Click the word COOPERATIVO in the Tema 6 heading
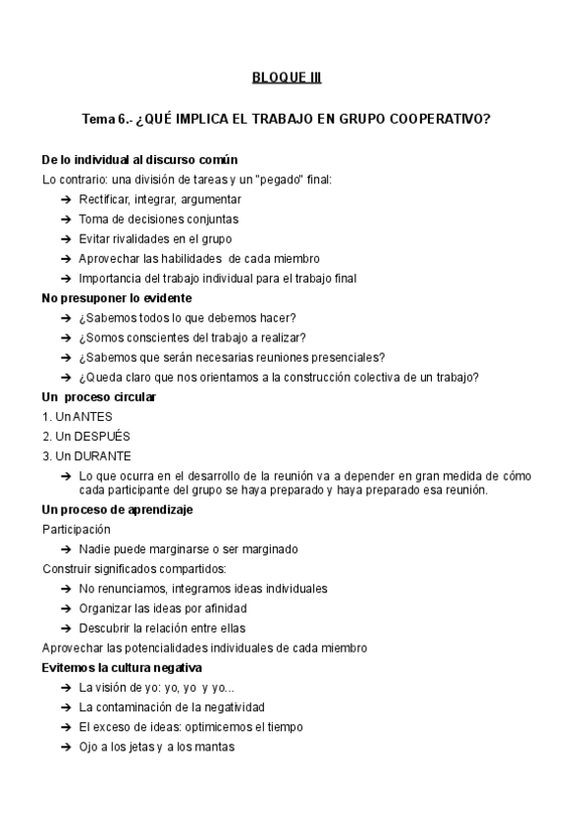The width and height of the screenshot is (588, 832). click(x=444, y=121)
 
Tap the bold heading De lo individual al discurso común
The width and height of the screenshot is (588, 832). click(x=139, y=160)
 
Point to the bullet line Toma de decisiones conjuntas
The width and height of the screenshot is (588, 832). click(x=158, y=219)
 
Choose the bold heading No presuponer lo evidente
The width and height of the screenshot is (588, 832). click(x=117, y=297)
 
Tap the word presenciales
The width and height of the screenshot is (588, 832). click(x=347, y=356)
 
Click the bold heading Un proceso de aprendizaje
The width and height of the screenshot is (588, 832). click(x=117, y=509)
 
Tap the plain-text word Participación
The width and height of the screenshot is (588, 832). click(x=76, y=529)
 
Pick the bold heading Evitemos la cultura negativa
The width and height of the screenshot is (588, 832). click(x=122, y=667)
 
